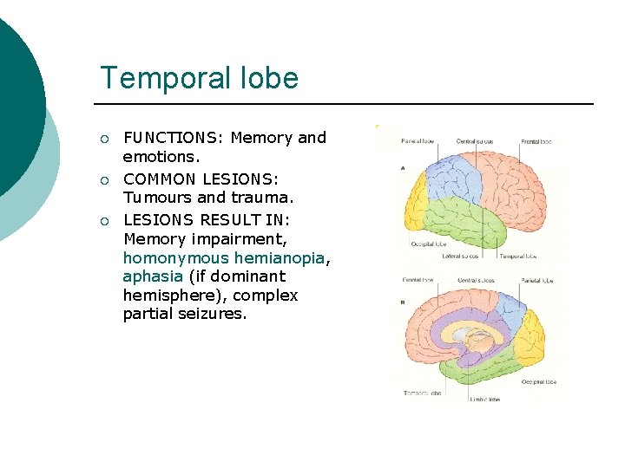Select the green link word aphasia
(x=153, y=276)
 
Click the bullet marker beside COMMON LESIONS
(x=104, y=179)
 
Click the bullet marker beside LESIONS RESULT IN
(x=104, y=219)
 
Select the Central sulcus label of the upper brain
(x=476, y=141)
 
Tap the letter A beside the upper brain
(x=403, y=168)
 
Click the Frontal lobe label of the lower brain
(x=418, y=280)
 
